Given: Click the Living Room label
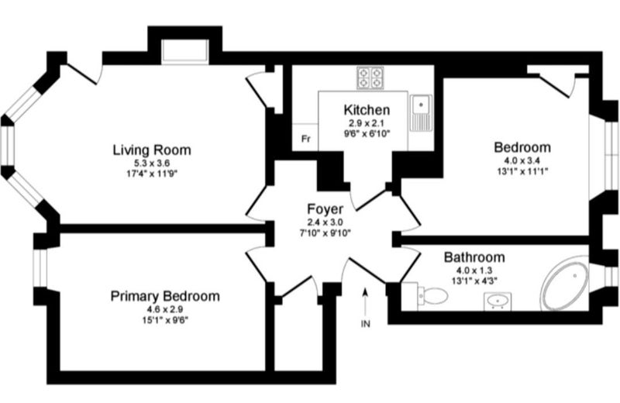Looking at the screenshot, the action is pyautogui.click(x=152, y=150).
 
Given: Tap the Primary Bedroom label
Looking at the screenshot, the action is pyautogui.click(x=165, y=296).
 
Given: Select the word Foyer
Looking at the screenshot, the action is pyautogui.click(x=325, y=208).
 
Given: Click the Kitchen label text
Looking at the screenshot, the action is pyautogui.click(x=367, y=109).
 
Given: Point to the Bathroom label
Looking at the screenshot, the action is pyautogui.click(x=474, y=257).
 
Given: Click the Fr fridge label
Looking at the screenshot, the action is pyautogui.click(x=305, y=139).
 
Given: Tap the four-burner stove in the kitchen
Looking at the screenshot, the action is pyautogui.click(x=370, y=77).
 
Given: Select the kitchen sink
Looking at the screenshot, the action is pyautogui.click(x=421, y=112).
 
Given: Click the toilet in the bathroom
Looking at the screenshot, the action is pyautogui.click(x=432, y=294).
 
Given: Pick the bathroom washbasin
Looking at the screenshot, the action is pyautogui.click(x=498, y=301).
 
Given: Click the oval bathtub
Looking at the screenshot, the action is pyautogui.click(x=565, y=284).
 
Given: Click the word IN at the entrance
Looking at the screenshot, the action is pyautogui.click(x=366, y=324).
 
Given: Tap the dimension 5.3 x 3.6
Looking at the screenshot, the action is pyautogui.click(x=152, y=163).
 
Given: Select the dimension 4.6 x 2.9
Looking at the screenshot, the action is pyautogui.click(x=165, y=309).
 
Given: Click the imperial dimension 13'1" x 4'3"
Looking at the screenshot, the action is pyautogui.click(x=474, y=281).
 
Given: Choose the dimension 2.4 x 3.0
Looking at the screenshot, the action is pyautogui.click(x=325, y=222).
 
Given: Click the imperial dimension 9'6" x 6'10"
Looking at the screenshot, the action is pyautogui.click(x=367, y=133).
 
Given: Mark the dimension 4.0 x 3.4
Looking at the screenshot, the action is pyautogui.click(x=522, y=160).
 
